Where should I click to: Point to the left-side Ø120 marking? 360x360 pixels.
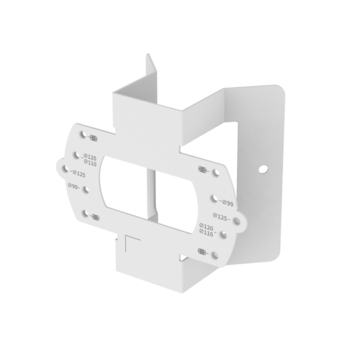coord(90,158)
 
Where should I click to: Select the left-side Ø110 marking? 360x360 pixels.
coord(90,163)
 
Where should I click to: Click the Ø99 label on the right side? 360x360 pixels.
coord(226,203)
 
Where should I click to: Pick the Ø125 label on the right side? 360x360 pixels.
coord(221,217)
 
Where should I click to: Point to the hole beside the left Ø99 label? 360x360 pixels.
coord(86,189)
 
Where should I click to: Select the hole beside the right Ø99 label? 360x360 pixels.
coord(214,198)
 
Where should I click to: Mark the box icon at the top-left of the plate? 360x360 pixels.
coord(92,138)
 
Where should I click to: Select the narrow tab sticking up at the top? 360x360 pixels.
coord(151,69)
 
